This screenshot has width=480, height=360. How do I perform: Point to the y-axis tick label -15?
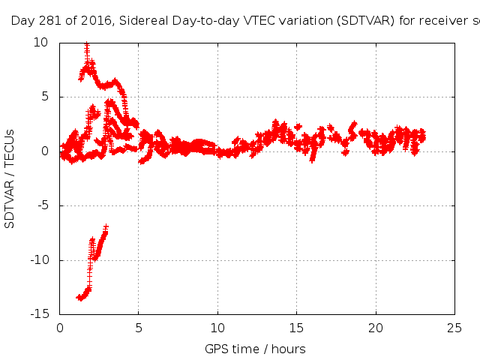tap(40, 314)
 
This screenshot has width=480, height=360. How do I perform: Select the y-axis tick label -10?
tap(40, 260)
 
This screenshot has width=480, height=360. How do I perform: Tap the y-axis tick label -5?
tap(43, 205)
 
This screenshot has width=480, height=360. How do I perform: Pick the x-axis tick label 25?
tap(454, 328)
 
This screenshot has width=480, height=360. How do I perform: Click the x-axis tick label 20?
tap(376, 328)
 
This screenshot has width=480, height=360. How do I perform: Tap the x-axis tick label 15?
tap(297, 328)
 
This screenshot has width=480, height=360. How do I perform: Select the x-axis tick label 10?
tap(217, 328)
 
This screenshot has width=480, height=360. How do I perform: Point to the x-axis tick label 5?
tap(139, 328)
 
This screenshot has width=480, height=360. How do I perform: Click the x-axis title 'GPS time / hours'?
tap(255, 349)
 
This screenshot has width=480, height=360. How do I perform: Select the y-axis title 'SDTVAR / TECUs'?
tap(10, 178)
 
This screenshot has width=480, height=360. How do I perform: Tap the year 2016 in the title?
tap(87, 21)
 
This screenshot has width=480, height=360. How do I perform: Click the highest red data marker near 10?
tap(87, 45)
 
